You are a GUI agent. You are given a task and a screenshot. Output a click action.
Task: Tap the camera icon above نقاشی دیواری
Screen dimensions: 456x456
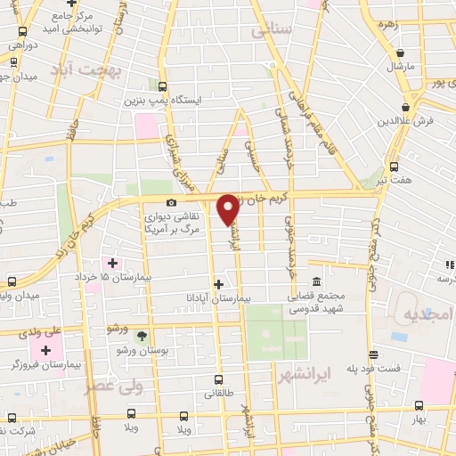tap(171, 202)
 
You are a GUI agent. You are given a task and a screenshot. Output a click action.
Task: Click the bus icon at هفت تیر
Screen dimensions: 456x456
tap(395, 167)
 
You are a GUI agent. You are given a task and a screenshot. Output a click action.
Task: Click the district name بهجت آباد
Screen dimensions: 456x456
tap(85, 69)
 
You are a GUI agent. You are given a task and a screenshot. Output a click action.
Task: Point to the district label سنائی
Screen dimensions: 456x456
tap(272, 30)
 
